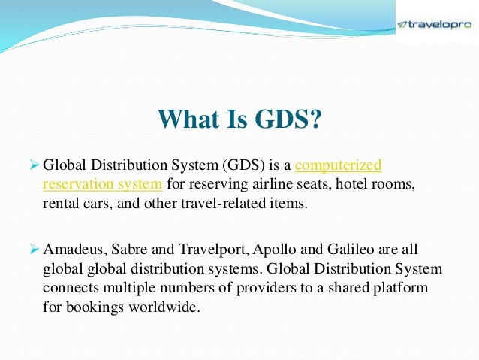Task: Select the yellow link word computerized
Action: pos(339,165)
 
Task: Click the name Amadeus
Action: pos(73,249)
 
